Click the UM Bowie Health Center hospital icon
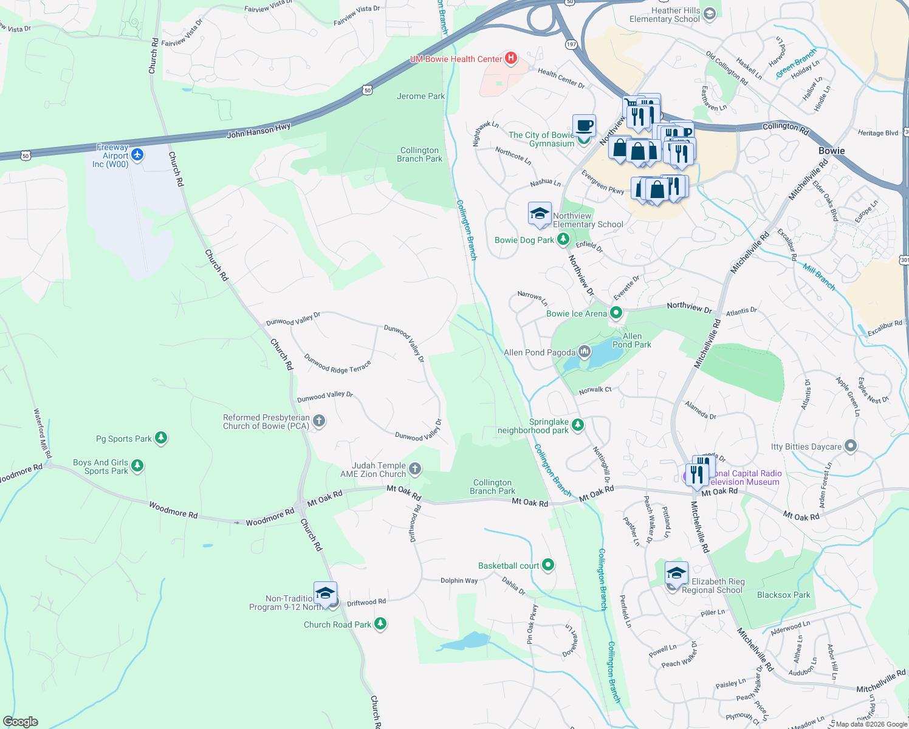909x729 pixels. pyautogui.click(x=511, y=58)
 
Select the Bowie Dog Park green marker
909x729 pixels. pyautogui.click(x=563, y=239)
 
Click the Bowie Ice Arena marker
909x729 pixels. pyautogui.click(x=616, y=313)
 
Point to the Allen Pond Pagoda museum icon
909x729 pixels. pyautogui.click(x=584, y=352)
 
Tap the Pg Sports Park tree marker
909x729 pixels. pyautogui.click(x=161, y=438)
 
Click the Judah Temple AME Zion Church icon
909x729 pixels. pyautogui.click(x=414, y=468)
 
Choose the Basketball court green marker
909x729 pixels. pyautogui.click(x=547, y=565)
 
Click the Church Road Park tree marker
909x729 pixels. pyautogui.click(x=380, y=624)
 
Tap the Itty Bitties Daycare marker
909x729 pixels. pyautogui.click(x=851, y=447)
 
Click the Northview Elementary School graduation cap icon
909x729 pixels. pyautogui.click(x=539, y=214)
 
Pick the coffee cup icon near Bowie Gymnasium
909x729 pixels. pyautogui.click(x=584, y=126)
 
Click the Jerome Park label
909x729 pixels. pyautogui.click(x=420, y=96)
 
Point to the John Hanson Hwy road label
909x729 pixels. pyautogui.click(x=258, y=130)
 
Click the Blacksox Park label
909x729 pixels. pyautogui.click(x=783, y=595)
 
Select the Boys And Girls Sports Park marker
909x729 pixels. pyautogui.click(x=137, y=466)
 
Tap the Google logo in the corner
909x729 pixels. pyautogui.click(x=21, y=721)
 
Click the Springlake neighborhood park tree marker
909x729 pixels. pyautogui.click(x=578, y=425)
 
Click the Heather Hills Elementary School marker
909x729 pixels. pyautogui.click(x=709, y=14)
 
